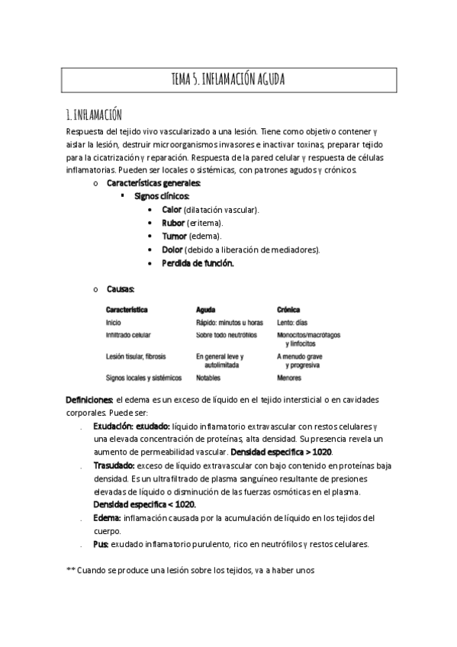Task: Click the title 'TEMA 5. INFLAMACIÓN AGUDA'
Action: coord(228,79)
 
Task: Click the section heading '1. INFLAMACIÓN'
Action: coord(95,115)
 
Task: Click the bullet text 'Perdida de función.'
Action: coord(198,263)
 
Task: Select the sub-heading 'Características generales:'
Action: coord(154,183)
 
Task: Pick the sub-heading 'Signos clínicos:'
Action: coord(162,196)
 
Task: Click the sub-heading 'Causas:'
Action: coord(121,289)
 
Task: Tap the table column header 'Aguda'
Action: coord(206,311)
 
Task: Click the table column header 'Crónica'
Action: coord(288,311)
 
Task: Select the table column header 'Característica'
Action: coord(127,311)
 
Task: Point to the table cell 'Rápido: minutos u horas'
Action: coord(229,323)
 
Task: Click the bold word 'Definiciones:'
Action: coord(90,400)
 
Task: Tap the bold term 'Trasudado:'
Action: coord(114,465)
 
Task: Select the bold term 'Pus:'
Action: coord(101,544)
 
